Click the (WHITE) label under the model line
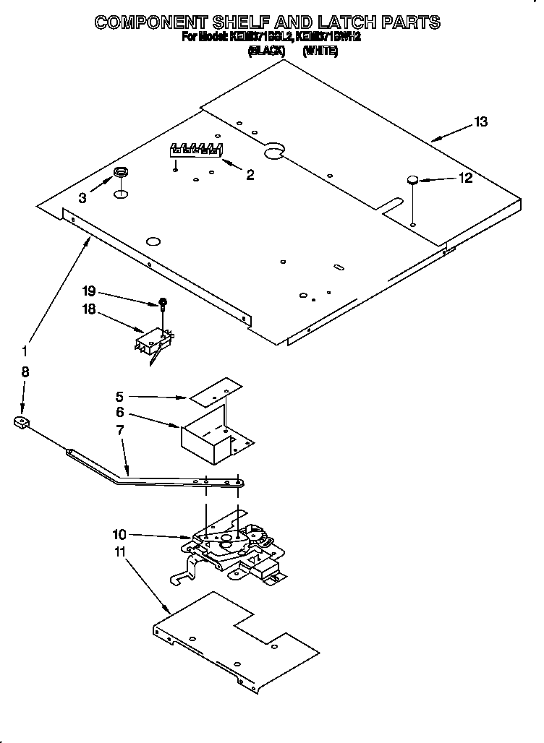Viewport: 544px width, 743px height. (x=320, y=51)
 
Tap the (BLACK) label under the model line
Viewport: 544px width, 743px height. (x=268, y=51)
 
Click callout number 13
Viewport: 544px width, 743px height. (x=480, y=122)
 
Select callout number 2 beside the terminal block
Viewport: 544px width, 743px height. (x=250, y=174)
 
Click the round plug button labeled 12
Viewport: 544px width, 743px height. (x=412, y=180)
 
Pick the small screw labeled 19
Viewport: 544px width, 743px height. (x=163, y=302)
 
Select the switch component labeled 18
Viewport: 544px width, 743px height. (x=153, y=338)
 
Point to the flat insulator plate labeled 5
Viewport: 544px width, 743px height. (x=215, y=391)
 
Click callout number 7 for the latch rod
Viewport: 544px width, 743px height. (x=120, y=431)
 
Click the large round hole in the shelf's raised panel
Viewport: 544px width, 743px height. (x=273, y=150)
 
